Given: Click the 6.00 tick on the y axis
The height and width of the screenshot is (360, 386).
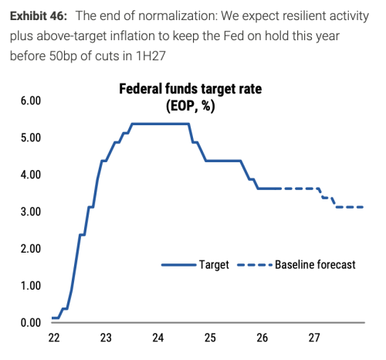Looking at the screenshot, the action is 31,100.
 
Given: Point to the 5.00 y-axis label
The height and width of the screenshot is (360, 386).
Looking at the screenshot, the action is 31,138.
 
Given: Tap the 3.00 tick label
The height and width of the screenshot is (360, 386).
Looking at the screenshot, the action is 31,212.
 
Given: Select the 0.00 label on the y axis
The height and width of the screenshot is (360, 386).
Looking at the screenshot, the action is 31,323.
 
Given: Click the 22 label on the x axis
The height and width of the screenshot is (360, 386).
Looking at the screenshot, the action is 54,338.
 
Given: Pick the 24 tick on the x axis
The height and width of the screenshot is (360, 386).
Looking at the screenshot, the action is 157,338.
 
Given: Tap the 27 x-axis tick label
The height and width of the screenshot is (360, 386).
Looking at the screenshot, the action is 314,338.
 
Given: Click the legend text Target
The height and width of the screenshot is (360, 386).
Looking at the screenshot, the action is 214,265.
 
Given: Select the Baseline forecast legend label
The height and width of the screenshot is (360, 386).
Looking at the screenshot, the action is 315,265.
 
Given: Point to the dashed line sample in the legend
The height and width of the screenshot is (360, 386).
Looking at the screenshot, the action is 255,265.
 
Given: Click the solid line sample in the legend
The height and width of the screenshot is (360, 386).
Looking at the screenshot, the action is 179,265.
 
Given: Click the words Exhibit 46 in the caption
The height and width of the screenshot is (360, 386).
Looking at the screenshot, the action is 39,16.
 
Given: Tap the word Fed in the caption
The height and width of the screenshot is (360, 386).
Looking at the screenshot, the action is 233,36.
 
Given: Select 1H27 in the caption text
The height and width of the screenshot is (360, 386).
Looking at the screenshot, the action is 151,56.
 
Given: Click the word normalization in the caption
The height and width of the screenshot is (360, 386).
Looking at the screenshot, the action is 178,16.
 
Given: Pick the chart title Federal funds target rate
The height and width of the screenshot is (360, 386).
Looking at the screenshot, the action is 191,89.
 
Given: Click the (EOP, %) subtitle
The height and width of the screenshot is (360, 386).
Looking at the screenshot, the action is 191,106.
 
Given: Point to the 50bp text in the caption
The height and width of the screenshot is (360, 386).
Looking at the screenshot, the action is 63,56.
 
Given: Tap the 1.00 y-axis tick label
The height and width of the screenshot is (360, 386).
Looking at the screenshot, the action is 31,286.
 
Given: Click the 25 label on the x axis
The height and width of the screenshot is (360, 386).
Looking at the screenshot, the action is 210,338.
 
